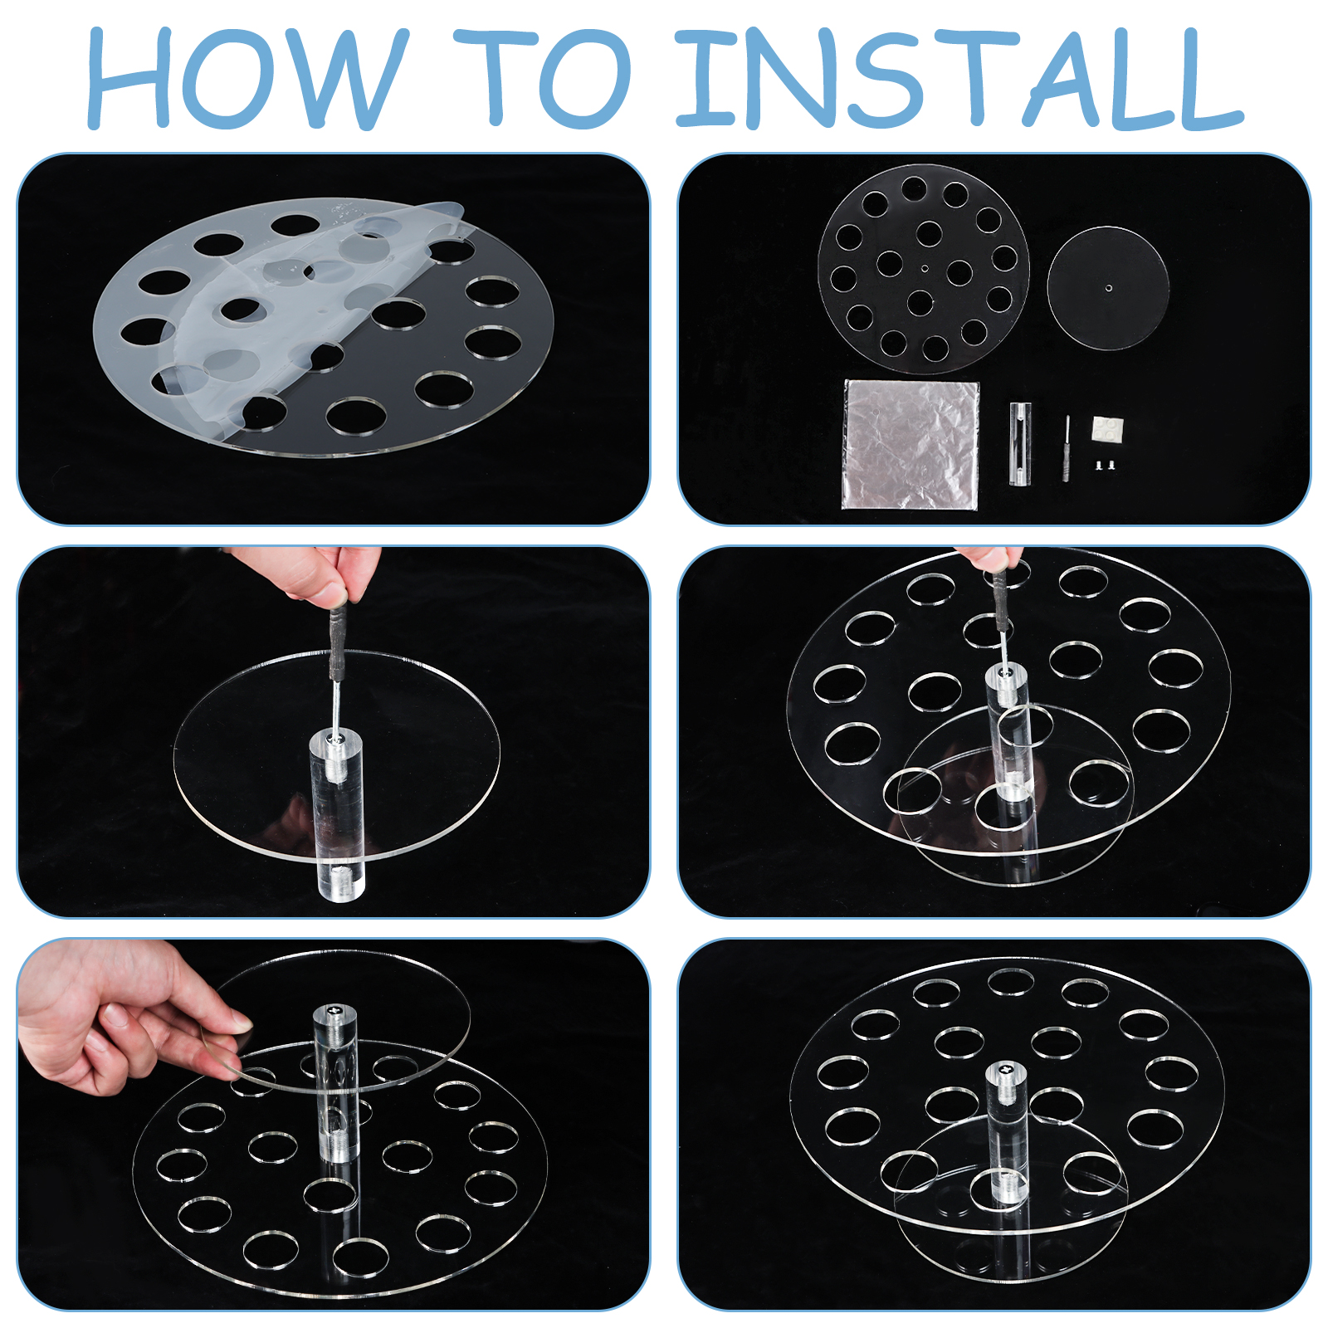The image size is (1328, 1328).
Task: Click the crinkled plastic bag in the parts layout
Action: click(x=911, y=444)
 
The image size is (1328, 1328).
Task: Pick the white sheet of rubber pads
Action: click(x=1108, y=428)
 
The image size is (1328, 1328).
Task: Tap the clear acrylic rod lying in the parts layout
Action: click(x=1020, y=443)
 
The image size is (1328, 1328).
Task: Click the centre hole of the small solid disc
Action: click(x=1110, y=288)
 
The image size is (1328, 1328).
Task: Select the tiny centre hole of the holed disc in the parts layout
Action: click(x=925, y=268)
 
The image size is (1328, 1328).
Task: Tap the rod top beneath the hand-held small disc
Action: click(x=334, y=1014)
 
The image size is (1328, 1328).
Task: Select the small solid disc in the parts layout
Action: click(x=1108, y=288)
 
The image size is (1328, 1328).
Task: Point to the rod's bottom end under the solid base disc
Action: click(x=341, y=880)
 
